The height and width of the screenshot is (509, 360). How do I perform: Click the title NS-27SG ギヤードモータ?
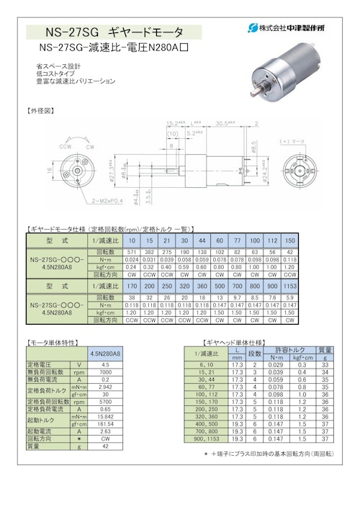click(114, 32)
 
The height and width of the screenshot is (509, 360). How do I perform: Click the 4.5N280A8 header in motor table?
click(104, 353)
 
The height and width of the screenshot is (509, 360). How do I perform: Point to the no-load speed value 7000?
click(104, 372)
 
